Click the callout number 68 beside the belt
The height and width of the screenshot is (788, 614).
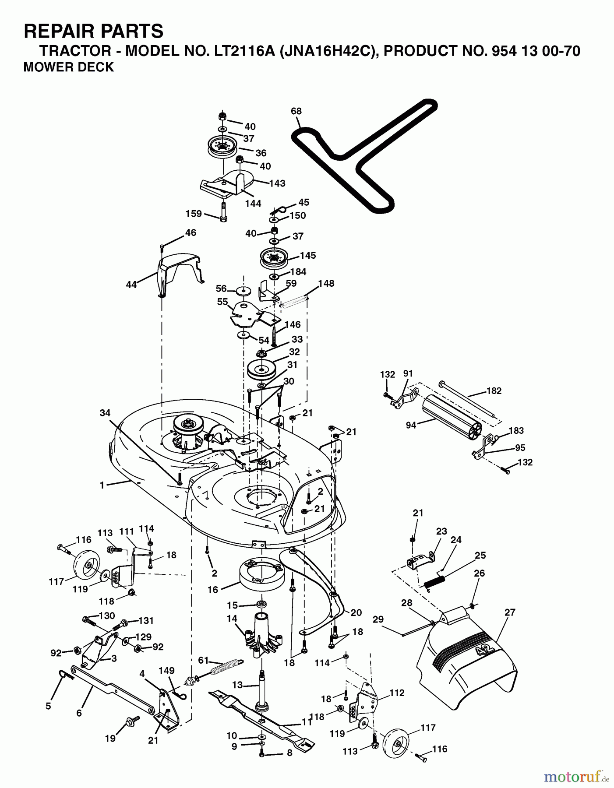pos(296,111)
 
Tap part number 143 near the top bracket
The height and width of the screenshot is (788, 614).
pos(277,183)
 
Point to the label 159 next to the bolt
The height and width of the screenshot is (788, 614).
pos(194,214)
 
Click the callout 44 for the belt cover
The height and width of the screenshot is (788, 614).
pos(131,285)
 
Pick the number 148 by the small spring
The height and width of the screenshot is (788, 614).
pos(326,283)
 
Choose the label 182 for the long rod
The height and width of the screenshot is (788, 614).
pos(494,390)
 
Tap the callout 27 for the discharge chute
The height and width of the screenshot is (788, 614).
pos(510,612)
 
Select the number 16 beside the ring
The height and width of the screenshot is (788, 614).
pos(212,590)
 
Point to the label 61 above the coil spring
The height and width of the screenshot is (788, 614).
pos(203,661)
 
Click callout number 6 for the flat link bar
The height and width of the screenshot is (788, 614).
pos(79,713)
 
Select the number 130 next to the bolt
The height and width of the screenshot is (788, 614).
pos(107,616)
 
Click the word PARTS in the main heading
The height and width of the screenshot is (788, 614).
pos(132,31)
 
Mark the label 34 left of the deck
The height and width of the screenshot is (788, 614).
pos(105,413)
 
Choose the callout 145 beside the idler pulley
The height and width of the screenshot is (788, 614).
pos(308,255)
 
